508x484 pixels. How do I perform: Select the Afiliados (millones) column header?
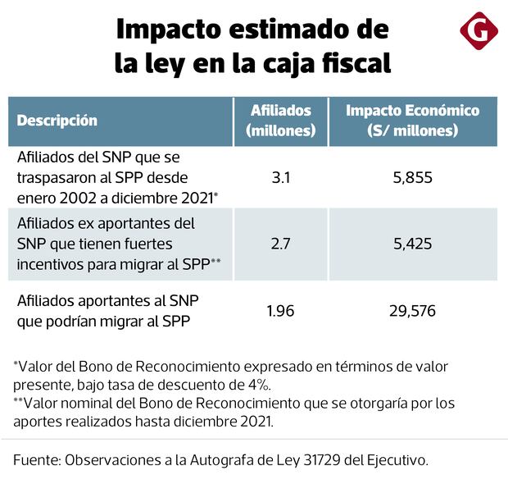pyautogui.click(x=280, y=121)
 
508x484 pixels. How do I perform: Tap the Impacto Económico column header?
pyautogui.click(x=412, y=121)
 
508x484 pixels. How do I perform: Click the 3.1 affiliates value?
pyautogui.click(x=280, y=176)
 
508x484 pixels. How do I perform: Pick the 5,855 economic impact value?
pyautogui.click(x=412, y=176)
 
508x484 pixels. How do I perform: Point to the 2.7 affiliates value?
pyautogui.click(x=280, y=244)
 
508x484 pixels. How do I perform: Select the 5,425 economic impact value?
pyautogui.click(x=412, y=244)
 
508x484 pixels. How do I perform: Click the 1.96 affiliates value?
pyautogui.click(x=280, y=311)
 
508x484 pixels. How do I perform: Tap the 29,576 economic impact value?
pyautogui.click(x=412, y=311)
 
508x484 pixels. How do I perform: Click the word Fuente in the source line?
pyautogui.click(x=38, y=460)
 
